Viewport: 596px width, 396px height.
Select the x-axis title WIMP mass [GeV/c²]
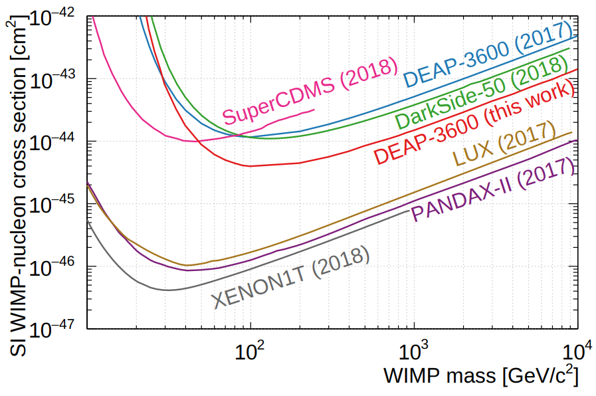(480, 375)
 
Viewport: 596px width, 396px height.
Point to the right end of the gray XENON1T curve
(411, 211)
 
